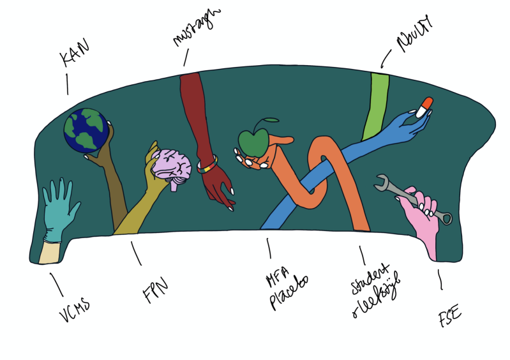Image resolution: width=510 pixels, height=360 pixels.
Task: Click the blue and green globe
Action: click(86, 131)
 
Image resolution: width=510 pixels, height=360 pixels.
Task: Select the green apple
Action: click(253, 143)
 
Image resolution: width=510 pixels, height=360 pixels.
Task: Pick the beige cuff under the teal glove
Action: click(49, 251)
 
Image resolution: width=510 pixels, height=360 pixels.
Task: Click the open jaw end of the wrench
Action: click(382, 182)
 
